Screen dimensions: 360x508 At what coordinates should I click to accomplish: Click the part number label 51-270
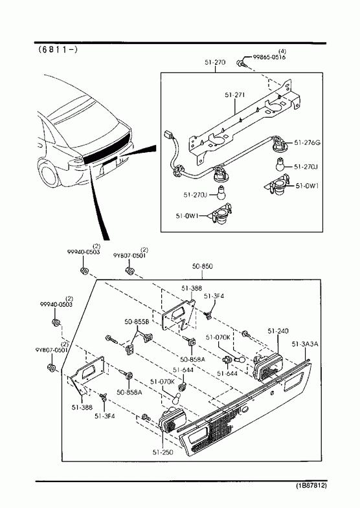coord(215,62)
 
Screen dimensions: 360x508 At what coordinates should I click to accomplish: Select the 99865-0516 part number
coord(269,58)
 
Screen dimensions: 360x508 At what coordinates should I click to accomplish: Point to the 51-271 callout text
coord(234,95)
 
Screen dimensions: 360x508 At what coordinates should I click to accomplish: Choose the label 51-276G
coord(307,142)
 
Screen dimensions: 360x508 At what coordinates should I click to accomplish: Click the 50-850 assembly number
coord(203,266)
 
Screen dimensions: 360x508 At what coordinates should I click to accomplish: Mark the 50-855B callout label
coord(137,322)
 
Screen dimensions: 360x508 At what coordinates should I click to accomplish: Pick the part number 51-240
coord(278,331)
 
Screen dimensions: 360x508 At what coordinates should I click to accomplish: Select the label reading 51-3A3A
coord(305,344)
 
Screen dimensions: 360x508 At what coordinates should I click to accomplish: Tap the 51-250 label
coord(163,452)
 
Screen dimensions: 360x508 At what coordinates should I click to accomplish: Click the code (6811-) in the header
coord(58,50)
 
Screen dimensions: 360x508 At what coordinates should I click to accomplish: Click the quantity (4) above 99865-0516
coord(282,51)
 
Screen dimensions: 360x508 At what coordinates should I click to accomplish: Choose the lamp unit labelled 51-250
coord(172,419)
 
